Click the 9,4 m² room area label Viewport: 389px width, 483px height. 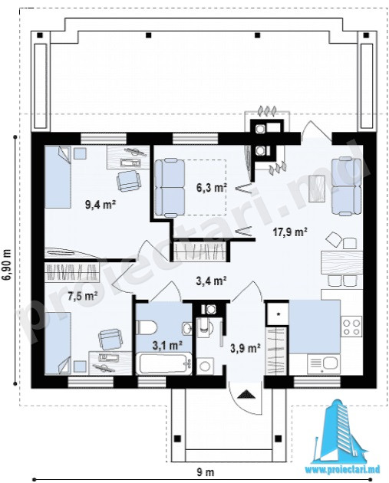coord(101,204)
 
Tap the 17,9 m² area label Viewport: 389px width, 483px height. coord(290,232)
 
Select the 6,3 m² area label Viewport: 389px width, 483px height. coord(212,187)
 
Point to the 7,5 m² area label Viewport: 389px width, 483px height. coord(83,296)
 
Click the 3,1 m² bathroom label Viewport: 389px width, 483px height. coord(167,345)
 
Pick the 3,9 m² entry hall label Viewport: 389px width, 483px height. coord(246,348)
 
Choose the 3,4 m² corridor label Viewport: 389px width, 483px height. coord(212,281)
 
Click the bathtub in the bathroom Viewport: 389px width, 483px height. coord(163,364)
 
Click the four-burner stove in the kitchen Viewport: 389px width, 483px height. coord(351,327)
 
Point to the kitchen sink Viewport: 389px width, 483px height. coord(324,364)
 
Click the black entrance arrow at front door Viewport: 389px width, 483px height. coord(246,394)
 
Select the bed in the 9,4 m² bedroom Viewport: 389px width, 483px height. coord(58,177)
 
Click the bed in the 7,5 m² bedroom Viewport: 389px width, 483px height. coord(58,343)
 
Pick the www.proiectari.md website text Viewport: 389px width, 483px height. coord(343,470)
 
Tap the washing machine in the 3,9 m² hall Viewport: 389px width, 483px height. coord(205,366)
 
